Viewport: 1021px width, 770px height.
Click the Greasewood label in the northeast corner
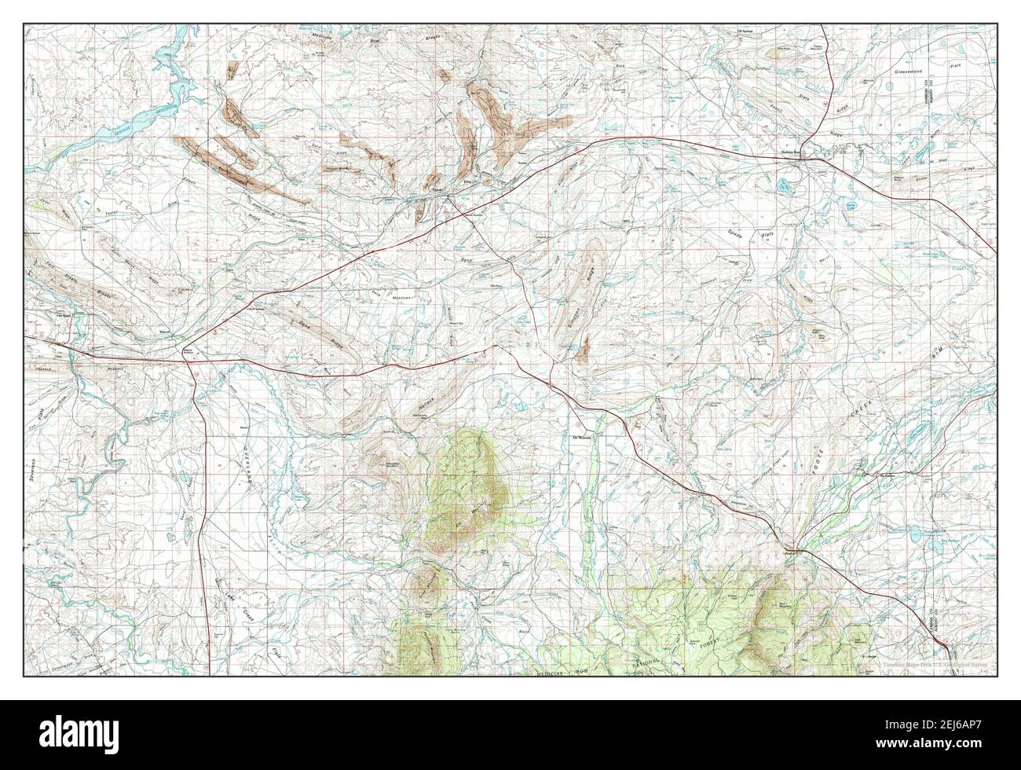[910, 71]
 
